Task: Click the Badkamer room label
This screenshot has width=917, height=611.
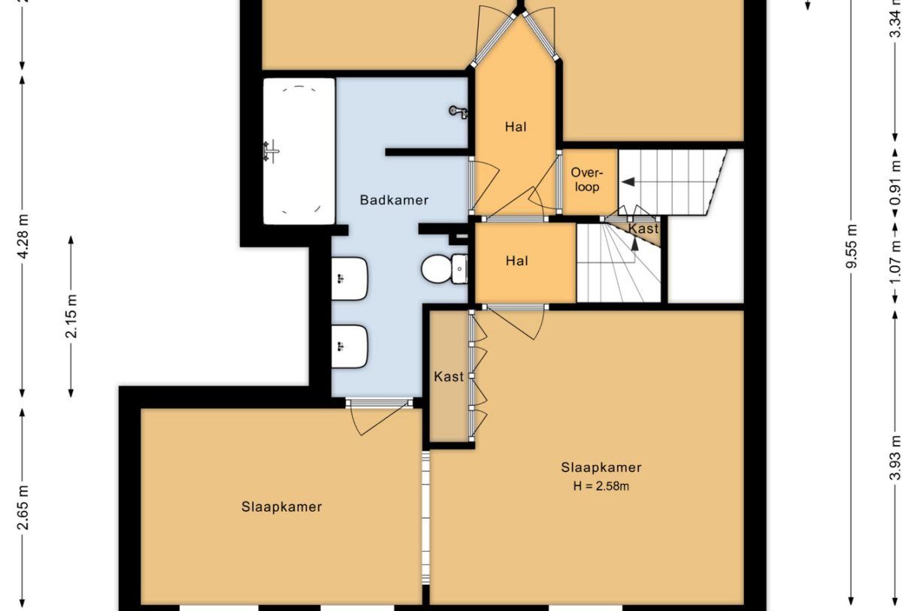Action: (394, 200)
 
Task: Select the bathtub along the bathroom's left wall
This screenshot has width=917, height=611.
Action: (299, 151)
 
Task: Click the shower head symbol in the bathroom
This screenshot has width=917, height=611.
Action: (459, 111)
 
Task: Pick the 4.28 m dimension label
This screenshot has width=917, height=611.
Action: (24, 236)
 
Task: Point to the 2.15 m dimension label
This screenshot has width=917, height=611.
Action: (71, 316)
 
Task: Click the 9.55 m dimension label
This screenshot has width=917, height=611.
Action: (852, 246)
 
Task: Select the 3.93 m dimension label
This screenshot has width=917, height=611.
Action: (896, 458)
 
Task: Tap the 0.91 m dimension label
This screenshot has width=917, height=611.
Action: (896, 183)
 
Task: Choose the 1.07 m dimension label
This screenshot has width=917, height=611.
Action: (896, 261)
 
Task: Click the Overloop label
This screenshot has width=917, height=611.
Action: (587, 180)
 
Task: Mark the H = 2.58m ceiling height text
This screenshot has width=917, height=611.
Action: (601, 486)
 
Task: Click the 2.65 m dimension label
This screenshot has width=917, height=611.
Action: (24, 507)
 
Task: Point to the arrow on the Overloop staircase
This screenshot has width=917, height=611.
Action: (628, 182)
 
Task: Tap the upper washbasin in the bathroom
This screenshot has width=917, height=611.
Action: (350, 279)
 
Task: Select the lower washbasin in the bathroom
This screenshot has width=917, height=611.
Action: (350, 346)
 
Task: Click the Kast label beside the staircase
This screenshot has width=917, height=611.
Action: (643, 228)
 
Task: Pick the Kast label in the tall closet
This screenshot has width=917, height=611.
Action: (449, 377)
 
